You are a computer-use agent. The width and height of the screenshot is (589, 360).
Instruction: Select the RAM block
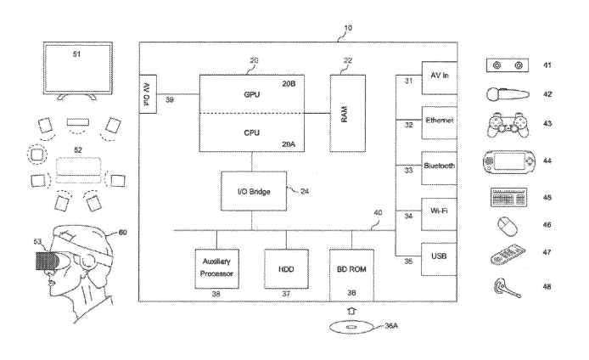coord(347,112)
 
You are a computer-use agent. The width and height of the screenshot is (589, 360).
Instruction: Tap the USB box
coord(440,256)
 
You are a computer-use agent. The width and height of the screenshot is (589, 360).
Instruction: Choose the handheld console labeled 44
coord(507,161)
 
